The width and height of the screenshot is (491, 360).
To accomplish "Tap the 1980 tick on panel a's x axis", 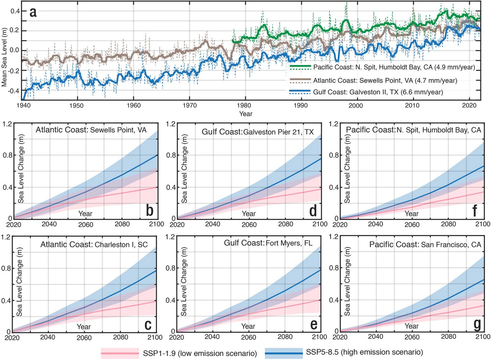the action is [x=244, y=106].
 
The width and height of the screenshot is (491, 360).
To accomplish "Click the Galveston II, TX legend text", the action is [x=378, y=92].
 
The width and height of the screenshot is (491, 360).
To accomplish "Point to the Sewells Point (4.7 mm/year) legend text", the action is [x=385, y=81].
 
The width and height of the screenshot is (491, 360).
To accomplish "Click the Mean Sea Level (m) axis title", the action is [x=4, y=57].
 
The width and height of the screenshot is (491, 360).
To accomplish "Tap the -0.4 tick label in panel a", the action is [x=13, y=91].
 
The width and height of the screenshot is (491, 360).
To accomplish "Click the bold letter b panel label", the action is [x=150, y=211].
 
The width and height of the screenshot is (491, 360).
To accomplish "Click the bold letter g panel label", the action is [x=477, y=324].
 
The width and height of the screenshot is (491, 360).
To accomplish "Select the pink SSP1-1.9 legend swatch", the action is [x=120, y=353].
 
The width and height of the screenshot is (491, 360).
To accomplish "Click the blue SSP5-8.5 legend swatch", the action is [x=284, y=353].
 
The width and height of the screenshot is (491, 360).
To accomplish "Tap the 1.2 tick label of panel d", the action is [x=171, y=124].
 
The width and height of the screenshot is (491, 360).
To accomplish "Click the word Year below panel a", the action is [x=246, y=114].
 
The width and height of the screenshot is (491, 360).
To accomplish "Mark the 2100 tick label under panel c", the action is [x=155, y=337].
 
